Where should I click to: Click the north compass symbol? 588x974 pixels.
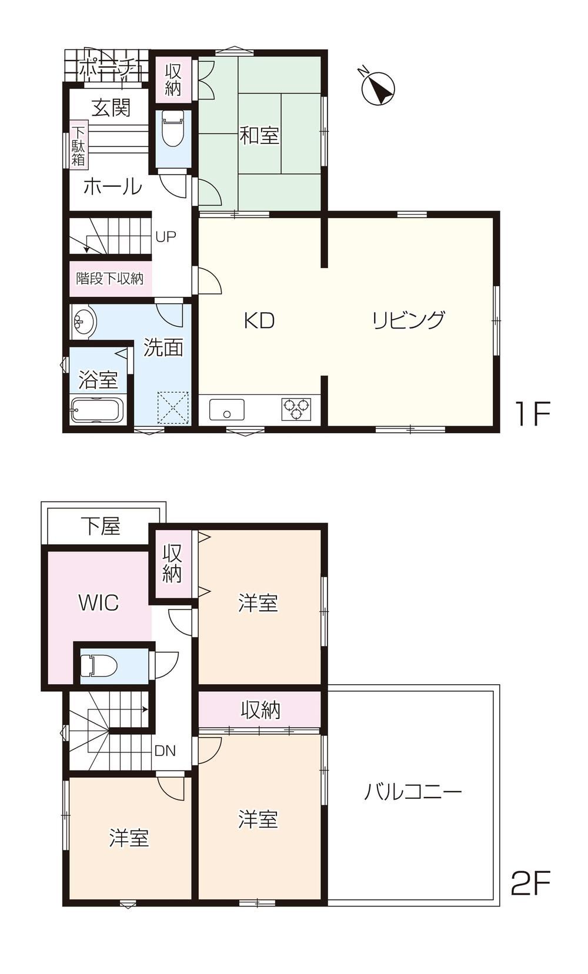(378, 88)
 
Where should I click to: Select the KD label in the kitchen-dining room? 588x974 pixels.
(259, 321)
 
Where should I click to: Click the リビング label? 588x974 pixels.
(408, 320)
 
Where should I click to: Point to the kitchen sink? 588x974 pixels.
(226, 410)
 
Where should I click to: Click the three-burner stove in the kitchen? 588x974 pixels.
(296, 409)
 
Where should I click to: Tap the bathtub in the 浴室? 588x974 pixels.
(98, 409)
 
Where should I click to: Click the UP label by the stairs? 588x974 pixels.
(166, 236)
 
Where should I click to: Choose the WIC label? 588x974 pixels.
(99, 603)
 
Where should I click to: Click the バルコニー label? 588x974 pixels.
(412, 791)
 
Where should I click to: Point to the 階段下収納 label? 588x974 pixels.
(109, 278)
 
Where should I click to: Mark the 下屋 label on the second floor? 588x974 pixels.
(101, 526)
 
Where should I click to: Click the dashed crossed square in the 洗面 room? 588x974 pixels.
(173, 407)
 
